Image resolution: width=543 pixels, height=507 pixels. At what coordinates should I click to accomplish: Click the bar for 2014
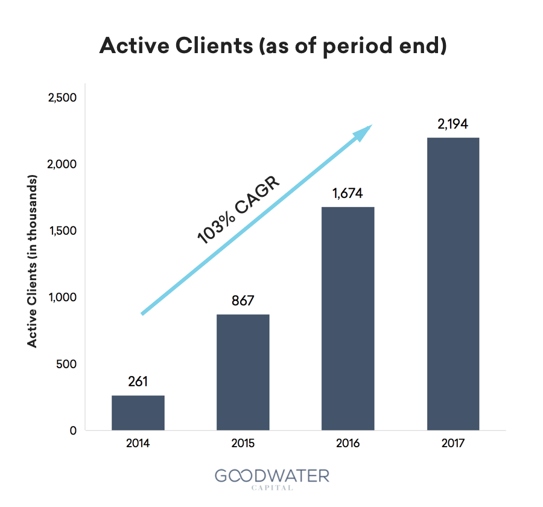[x=138, y=413]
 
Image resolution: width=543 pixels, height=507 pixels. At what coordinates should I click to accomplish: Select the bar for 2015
[x=243, y=372]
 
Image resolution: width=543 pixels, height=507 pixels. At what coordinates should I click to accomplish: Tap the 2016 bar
[x=348, y=319]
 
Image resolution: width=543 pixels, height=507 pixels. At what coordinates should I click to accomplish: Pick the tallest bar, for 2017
[x=453, y=284]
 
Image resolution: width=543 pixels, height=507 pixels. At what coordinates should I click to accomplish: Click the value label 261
[x=138, y=381]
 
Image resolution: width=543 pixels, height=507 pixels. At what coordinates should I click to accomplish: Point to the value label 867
[x=243, y=301]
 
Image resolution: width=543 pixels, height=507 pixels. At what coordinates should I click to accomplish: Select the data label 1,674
[x=348, y=193]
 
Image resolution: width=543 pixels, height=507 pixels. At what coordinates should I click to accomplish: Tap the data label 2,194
[x=453, y=124]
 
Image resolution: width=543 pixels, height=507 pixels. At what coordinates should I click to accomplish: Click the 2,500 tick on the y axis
[x=62, y=98]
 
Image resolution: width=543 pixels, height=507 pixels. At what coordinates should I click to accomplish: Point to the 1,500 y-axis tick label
[x=63, y=231]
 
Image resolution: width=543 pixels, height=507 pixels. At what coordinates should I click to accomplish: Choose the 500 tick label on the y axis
[x=66, y=364]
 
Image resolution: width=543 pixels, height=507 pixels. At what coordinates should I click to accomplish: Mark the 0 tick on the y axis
[x=73, y=431]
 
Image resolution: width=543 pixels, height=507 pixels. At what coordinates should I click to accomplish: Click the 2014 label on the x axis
[x=138, y=443]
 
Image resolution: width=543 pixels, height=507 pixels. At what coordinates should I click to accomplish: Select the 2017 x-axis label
[x=453, y=443]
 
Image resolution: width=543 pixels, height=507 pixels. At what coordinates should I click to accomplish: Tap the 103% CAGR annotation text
[x=238, y=209]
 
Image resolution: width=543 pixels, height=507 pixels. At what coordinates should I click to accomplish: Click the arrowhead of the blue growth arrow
[x=363, y=132]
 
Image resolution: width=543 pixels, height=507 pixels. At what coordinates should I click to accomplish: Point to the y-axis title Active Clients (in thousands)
[x=32, y=261]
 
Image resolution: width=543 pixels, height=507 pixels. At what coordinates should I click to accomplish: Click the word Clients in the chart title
[x=214, y=46]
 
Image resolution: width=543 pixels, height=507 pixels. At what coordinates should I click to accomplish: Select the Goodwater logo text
[x=272, y=476]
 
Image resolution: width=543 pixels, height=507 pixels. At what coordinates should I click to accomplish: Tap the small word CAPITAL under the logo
[x=272, y=488]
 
